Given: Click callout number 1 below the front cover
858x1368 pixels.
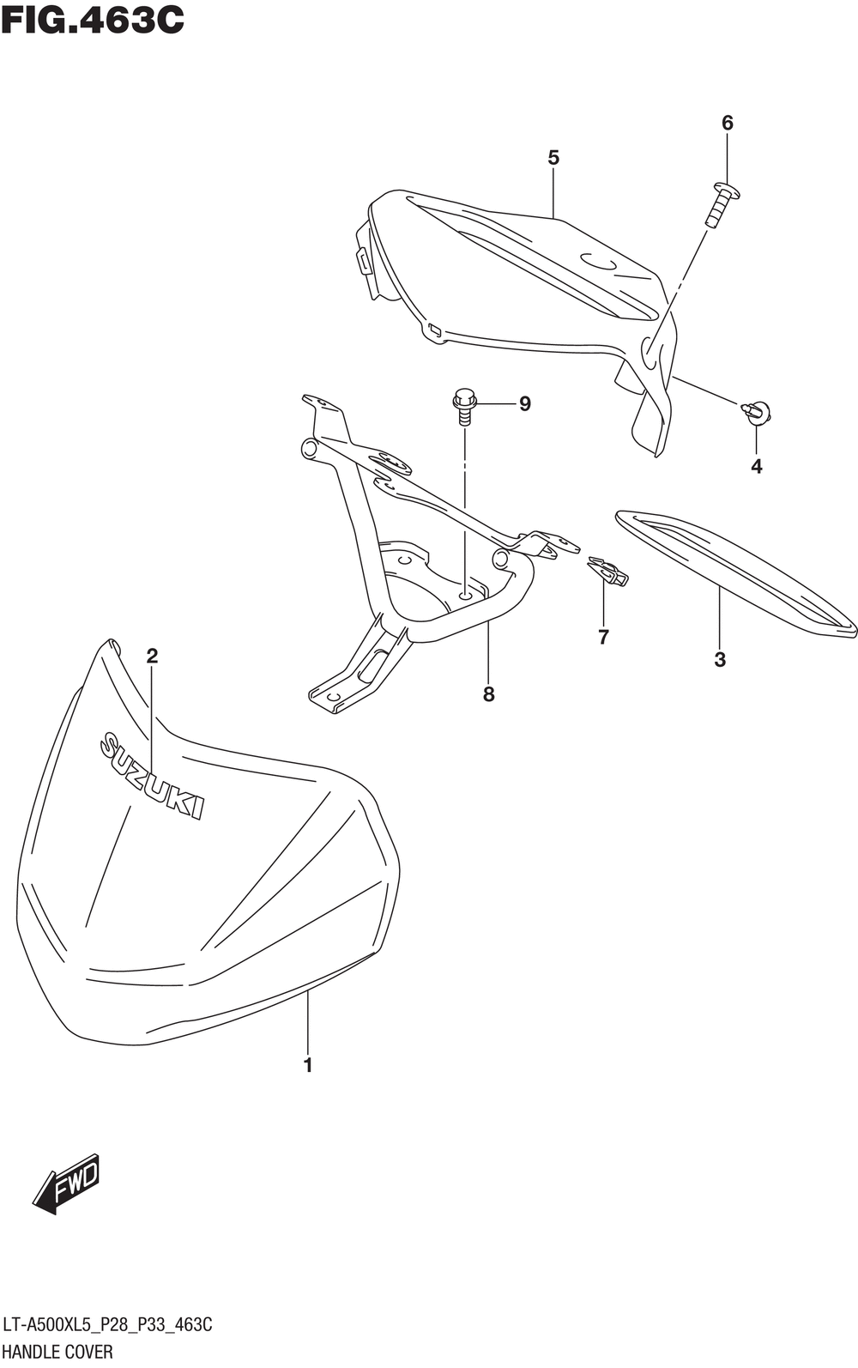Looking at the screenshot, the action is [x=307, y=1065].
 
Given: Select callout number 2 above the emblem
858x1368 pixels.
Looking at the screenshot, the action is [x=152, y=657].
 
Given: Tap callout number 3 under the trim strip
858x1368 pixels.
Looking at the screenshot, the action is [x=720, y=659].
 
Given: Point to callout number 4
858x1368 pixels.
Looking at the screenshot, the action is [x=756, y=467].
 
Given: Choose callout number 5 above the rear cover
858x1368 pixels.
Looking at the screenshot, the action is [x=553, y=158].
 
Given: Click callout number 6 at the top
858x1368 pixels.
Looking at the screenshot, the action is [x=728, y=123].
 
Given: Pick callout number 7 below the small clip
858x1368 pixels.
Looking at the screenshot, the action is [x=603, y=637].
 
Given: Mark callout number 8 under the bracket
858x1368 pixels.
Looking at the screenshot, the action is [x=488, y=694].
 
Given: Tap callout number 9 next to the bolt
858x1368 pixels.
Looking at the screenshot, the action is [x=524, y=403].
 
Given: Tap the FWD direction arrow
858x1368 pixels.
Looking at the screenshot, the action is [x=67, y=1188].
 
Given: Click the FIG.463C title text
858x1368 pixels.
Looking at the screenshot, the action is [x=93, y=19].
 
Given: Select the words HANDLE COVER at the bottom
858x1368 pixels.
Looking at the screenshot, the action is [x=58, y=1352].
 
